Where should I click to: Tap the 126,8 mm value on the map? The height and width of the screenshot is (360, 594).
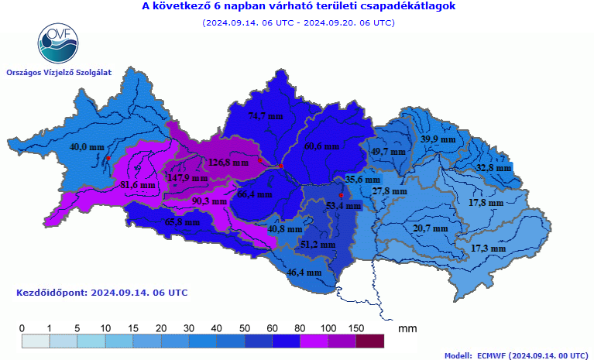[228, 163]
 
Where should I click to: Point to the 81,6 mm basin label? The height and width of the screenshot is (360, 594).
[138, 185]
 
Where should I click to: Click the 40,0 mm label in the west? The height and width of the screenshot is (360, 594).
[87, 146]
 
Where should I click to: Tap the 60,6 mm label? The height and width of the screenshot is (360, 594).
[321, 146]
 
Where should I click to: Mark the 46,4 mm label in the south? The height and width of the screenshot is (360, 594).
[304, 273]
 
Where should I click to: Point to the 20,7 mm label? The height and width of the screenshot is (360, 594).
[431, 228]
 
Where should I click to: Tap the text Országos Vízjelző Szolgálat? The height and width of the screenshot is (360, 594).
[59, 72]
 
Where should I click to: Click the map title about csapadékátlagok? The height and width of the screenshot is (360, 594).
[299, 7]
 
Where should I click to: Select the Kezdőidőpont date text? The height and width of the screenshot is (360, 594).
[101, 293]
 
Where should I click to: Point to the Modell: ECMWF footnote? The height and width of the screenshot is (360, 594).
[516, 355]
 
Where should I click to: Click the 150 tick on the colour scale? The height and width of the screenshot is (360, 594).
[357, 328]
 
